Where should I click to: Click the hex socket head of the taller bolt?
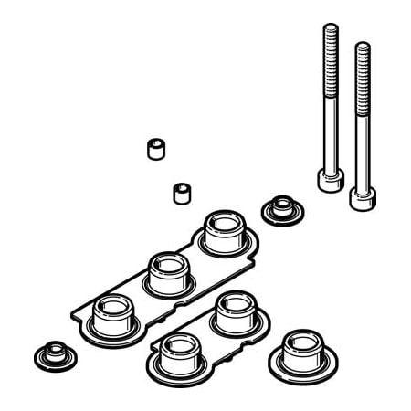[x=329, y=179]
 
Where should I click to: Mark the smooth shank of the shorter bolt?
[x=362, y=146]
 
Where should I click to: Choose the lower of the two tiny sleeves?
[x=180, y=194]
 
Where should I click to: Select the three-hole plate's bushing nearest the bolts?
[x=223, y=234]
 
